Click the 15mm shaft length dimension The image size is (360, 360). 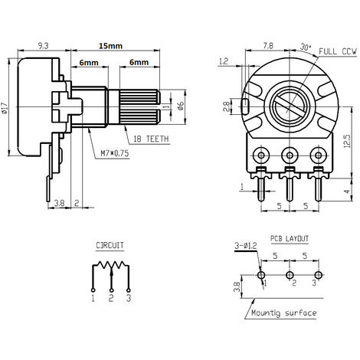[x=110, y=46]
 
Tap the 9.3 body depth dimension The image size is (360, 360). [x=43, y=46]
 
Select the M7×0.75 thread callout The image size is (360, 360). [x=115, y=153]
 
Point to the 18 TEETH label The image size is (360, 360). [x=151, y=139]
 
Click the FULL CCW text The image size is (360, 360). [x=338, y=51]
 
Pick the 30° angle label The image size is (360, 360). [x=306, y=47]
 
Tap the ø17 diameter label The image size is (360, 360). [x=5, y=108]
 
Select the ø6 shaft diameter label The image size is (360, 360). [x=181, y=106]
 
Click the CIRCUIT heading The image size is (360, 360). [x=110, y=245]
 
